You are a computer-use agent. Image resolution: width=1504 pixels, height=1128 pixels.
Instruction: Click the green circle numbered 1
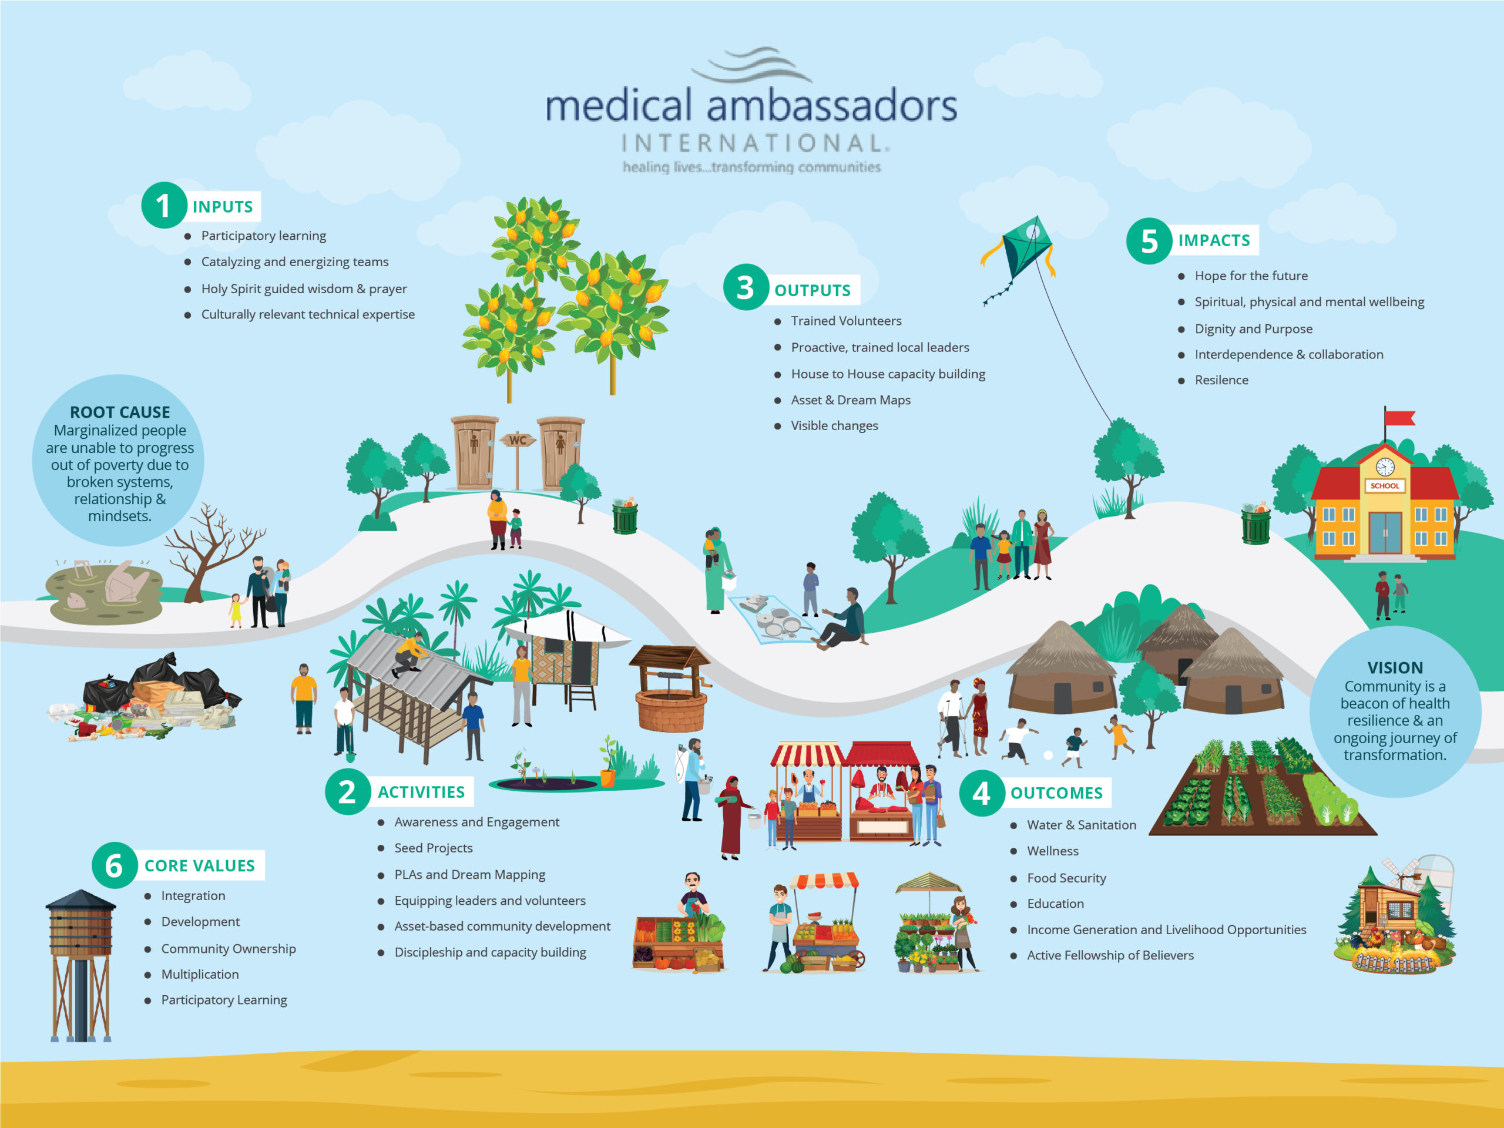(163, 206)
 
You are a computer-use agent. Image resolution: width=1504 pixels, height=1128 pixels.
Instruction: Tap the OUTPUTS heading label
(812, 290)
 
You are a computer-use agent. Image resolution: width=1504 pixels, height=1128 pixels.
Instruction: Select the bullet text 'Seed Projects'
(433, 848)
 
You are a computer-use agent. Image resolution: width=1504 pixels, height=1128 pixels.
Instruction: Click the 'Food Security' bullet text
(1066, 878)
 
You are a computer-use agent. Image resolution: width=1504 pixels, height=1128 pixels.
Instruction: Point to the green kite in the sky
(1025, 246)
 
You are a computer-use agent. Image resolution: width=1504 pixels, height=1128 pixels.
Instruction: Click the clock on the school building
(1385, 466)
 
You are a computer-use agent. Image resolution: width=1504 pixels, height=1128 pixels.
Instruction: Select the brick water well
(670, 693)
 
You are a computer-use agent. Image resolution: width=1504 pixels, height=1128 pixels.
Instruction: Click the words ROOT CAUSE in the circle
(120, 412)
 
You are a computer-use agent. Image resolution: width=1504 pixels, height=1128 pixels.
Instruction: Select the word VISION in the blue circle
(1395, 667)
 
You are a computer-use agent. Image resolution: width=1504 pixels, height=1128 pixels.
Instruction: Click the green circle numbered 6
(114, 865)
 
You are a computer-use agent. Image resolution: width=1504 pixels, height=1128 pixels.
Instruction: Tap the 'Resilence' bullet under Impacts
(1221, 380)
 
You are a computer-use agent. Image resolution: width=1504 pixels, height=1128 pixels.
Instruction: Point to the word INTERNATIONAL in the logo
(753, 143)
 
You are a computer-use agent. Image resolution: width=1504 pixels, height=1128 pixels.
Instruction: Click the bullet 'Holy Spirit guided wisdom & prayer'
(304, 289)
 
